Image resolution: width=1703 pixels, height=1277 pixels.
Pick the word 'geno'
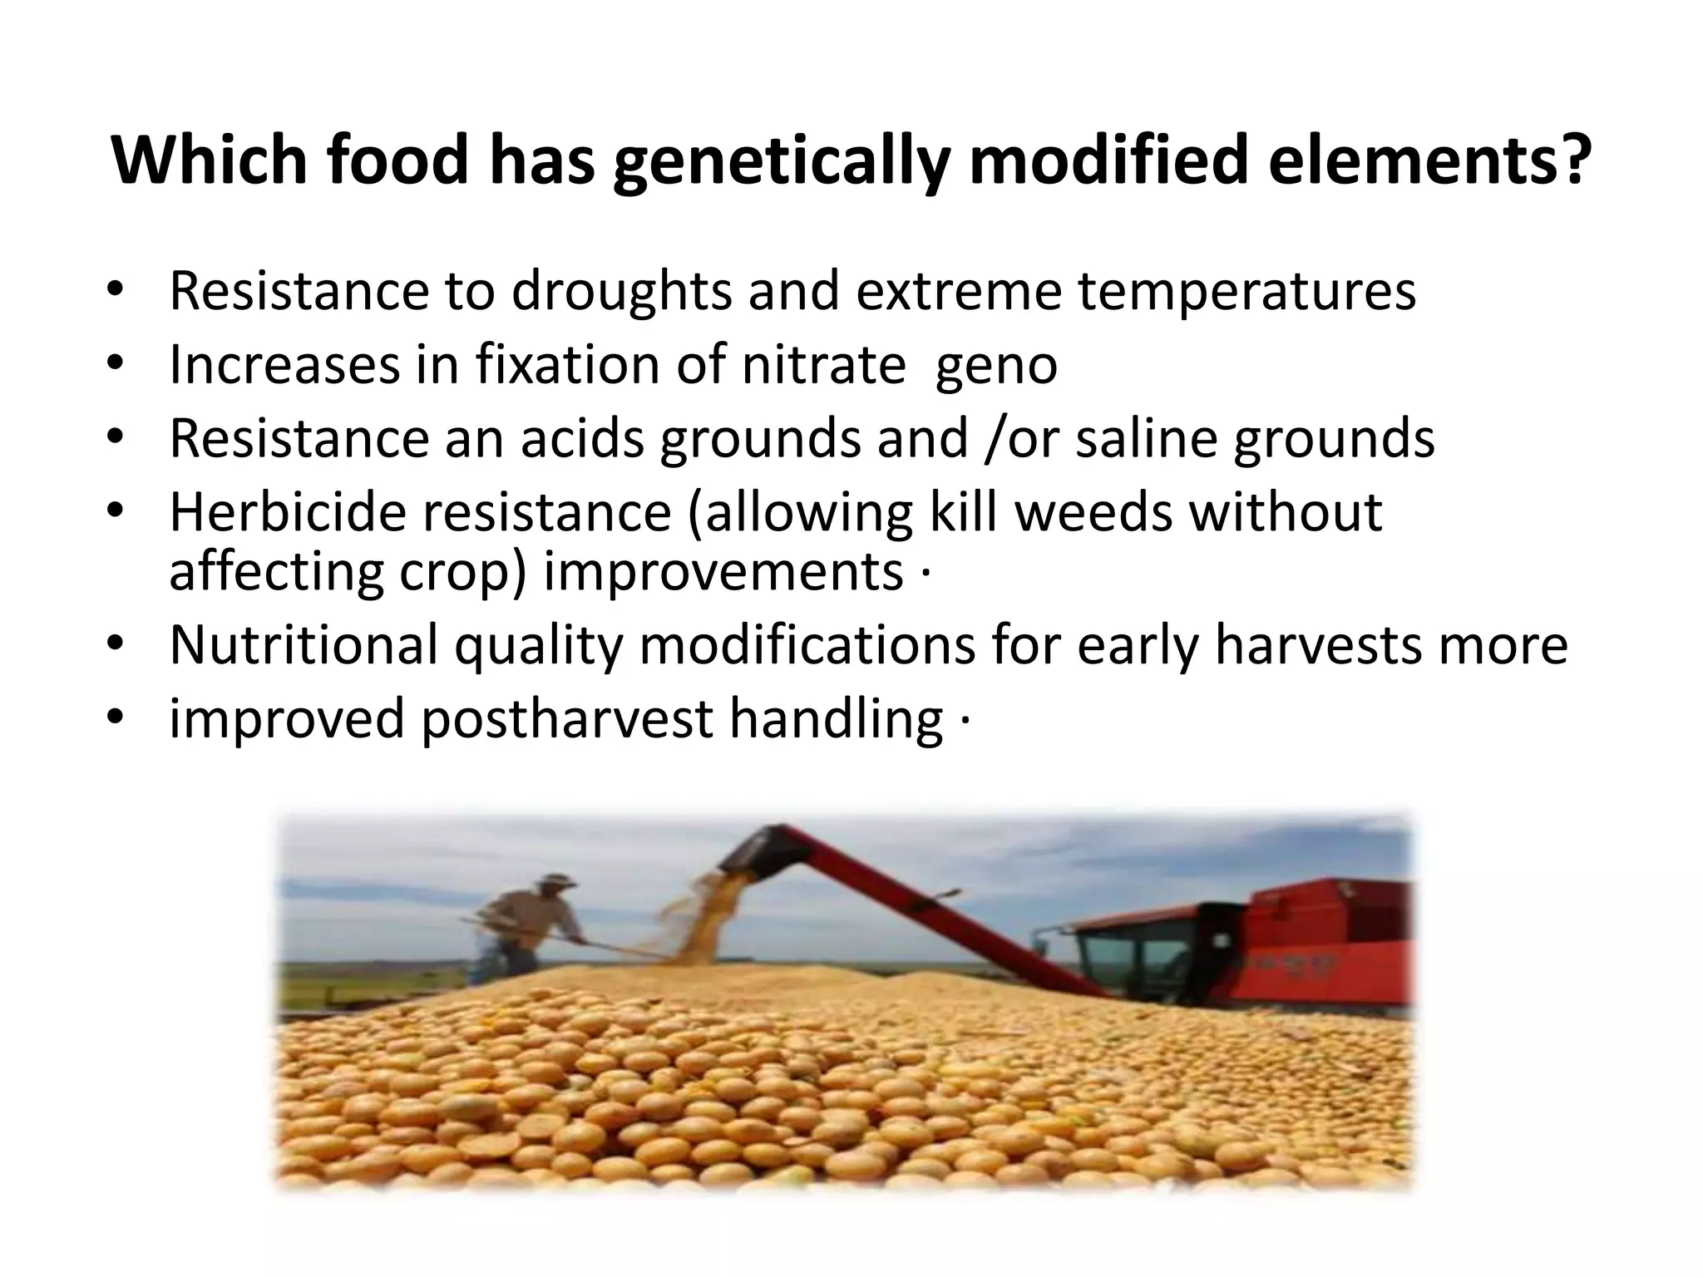click(995, 367)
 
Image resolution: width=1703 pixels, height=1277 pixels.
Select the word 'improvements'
click(723, 573)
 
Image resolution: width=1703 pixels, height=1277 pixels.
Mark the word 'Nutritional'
click(303, 645)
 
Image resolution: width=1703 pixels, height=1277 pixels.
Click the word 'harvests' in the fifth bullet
click(1318, 645)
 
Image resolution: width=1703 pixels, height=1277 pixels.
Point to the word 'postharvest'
click(566, 718)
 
